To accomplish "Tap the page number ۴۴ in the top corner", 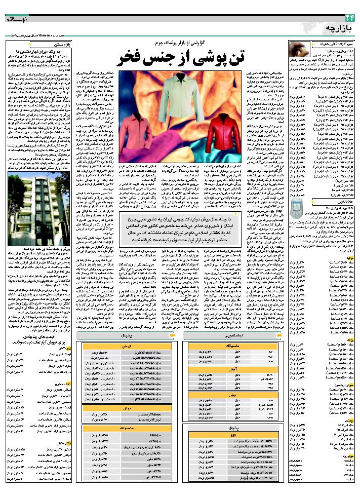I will pyautogui.click(x=349, y=19).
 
